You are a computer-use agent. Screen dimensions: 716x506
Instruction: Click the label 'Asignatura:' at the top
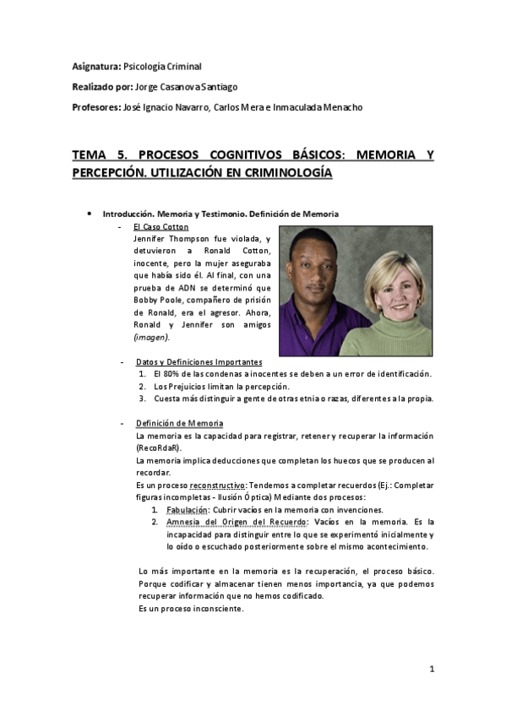(x=96, y=66)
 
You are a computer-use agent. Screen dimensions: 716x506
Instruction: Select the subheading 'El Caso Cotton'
(x=161, y=226)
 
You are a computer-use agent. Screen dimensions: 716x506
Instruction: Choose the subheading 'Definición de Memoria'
(x=179, y=422)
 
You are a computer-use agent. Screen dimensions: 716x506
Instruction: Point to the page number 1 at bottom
(x=432, y=670)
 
